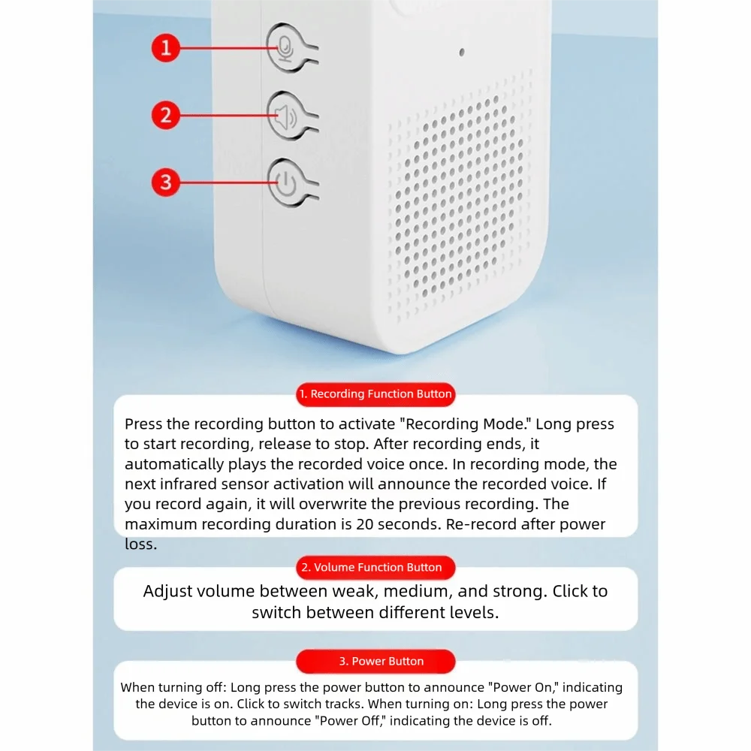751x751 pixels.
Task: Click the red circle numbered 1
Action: point(166,49)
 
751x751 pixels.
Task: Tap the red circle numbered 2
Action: point(166,116)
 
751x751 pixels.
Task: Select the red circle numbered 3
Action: point(166,182)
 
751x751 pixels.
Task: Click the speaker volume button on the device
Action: point(285,116)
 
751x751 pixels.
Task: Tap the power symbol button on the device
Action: point(285,182)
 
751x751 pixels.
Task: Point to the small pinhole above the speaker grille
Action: point(461,53)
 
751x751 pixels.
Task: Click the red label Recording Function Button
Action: point(375,394)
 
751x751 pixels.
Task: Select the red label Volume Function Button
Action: point(375,567)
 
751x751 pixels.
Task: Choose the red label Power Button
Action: point(375,661)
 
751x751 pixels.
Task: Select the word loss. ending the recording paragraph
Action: point(141,544)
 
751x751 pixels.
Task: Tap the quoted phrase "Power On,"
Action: point(519,687)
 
